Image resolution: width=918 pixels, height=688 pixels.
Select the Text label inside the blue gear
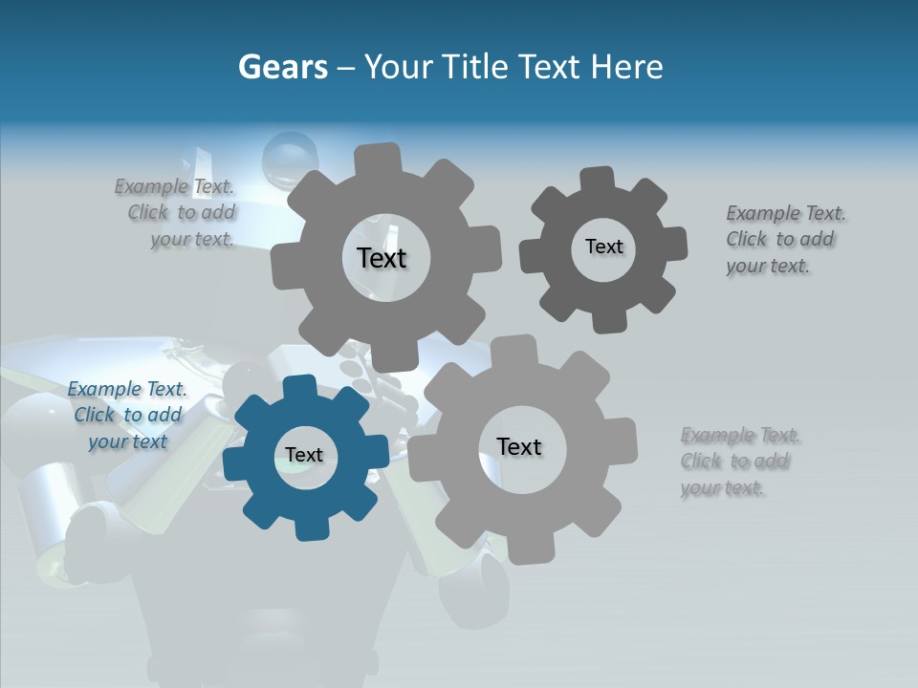tap(304, 456)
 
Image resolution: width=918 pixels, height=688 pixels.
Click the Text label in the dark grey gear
tap(603, 247)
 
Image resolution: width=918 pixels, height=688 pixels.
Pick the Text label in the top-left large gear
tap(382, 258)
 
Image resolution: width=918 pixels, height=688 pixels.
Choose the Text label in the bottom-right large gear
tap(519, 447)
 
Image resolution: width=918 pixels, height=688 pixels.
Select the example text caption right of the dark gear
tap(784, 240)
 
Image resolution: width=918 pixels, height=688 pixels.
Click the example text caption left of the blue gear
tap(127, 416)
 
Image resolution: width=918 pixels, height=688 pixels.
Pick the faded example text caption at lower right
tap(739, 462)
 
